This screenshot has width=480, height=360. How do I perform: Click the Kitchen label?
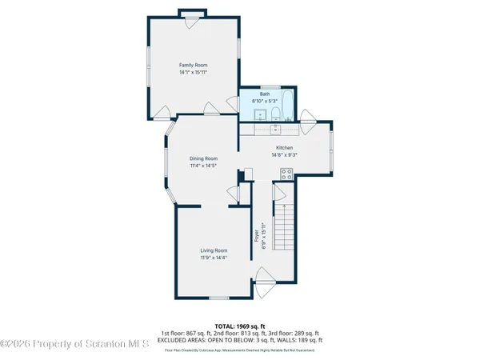pos(284,148)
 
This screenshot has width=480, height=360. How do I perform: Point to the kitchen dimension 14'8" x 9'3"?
pos(284,155)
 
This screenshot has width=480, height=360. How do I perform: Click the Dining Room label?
pos(203,158)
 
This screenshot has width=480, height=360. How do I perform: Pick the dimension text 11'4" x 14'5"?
pos(203,166)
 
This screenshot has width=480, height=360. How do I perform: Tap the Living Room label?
pos(214,250)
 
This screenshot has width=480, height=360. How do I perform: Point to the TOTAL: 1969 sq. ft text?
pos(239,326)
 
